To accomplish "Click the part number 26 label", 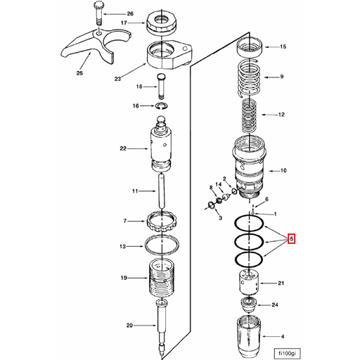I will [129, 14].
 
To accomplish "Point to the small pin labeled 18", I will [160, 86].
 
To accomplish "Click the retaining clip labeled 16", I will [160, 105].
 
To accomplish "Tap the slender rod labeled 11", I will [161, 191].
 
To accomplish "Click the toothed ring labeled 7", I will [161, 221].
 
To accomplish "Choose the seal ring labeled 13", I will [161, 246].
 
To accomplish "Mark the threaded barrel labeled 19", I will [161, 278].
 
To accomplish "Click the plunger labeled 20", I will [162, 323].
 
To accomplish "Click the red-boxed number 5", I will [292, 239].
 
